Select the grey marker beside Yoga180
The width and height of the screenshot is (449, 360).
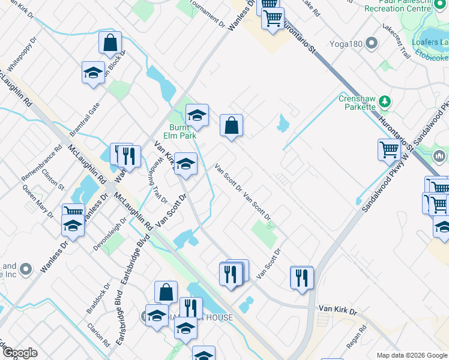(372, 43)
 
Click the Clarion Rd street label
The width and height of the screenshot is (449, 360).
(98, 335)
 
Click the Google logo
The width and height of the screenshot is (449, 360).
(20, 353)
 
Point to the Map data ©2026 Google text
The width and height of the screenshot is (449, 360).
(412, 355)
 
